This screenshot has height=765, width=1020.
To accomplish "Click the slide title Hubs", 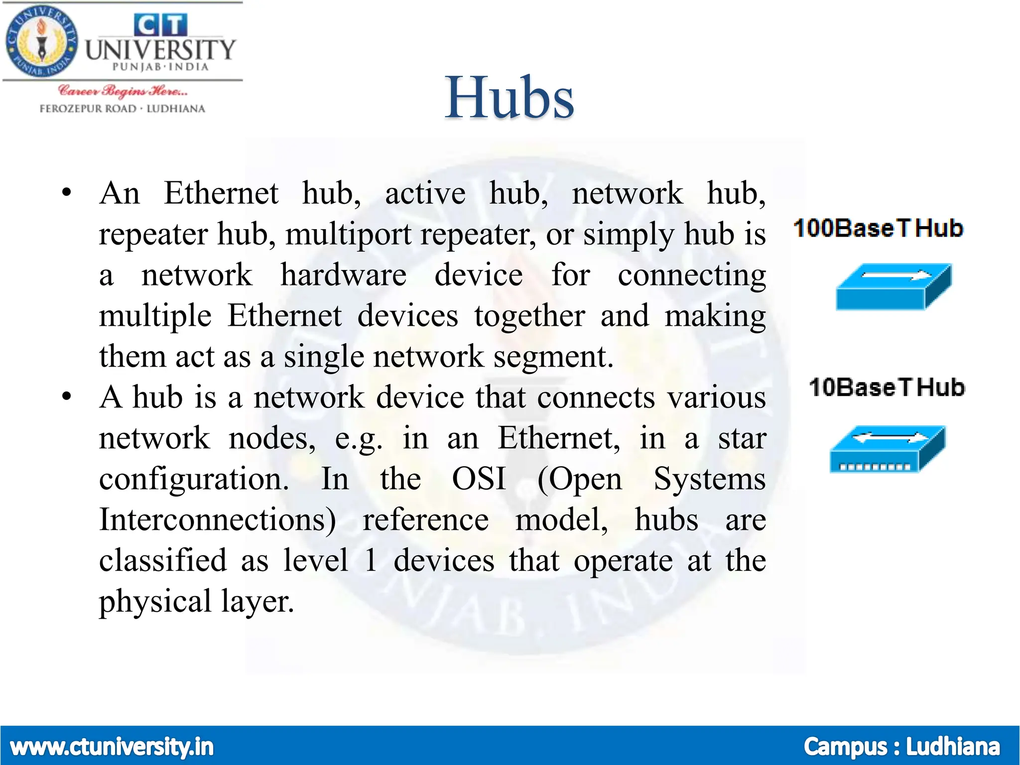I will [x=509, y=98].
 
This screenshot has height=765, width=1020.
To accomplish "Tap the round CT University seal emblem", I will [x=42, y=42].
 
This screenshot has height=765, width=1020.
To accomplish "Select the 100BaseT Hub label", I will [x=878, y=229].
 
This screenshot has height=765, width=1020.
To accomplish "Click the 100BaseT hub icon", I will [x=893, y=287].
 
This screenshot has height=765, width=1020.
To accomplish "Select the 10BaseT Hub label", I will [x=887, y=387].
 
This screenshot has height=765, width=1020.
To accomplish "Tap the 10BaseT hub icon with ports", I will [x=887, y=449].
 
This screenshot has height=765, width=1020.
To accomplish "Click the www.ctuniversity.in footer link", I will [x=112, y=747].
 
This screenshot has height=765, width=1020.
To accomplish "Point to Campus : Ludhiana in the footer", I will [x=901, y=747].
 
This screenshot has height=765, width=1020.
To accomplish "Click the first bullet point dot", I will [x=67, y=193].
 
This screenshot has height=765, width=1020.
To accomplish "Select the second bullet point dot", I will [x=67, y=397].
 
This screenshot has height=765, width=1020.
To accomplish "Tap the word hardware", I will [x=343, y=275].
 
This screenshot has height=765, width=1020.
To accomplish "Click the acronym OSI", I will [x=479, y=479].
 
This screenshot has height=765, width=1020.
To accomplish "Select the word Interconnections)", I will [x=218, y=520].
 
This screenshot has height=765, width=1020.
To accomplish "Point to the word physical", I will [x=155, y=602].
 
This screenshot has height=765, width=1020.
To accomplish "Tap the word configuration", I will [x=194, y=479].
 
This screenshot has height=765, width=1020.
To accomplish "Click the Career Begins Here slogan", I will [x=123, y=91].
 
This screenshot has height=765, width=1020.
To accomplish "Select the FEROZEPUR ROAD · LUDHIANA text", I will [x=123, y=109].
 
